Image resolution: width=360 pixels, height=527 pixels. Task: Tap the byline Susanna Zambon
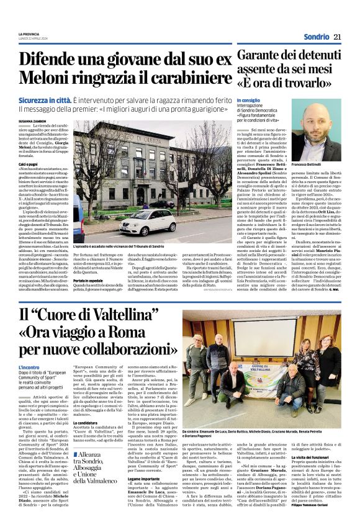click(x=32, y=122)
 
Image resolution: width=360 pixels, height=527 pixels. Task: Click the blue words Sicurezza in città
click(x=43, y=100)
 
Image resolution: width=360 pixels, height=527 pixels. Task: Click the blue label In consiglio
click(x=248, y=100)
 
